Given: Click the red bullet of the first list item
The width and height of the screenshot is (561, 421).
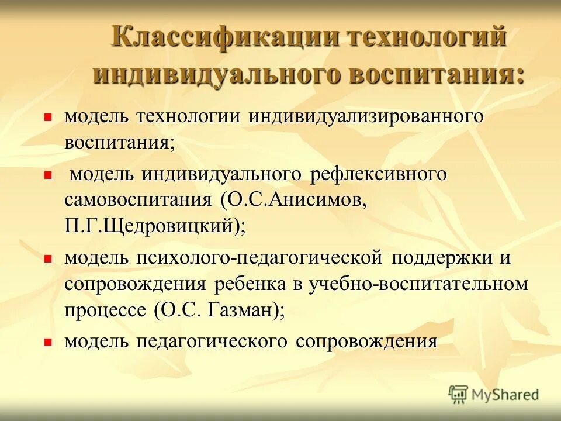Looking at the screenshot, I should pyautogui.click(x=49, y=117).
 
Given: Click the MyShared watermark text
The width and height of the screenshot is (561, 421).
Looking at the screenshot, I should pyautogui.click(x=505, y=395).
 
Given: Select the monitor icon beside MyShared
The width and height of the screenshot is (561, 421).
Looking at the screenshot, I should pyautogui.click(x=458, y=395).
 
